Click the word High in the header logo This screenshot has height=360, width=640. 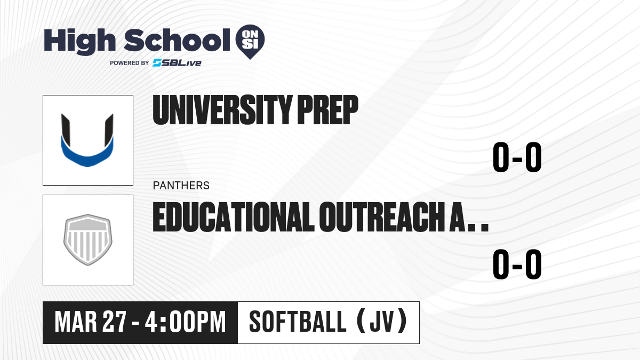(x=79, y=42)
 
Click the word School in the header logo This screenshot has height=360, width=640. (x=177, y=40)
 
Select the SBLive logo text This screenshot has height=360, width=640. (x=177, y=63)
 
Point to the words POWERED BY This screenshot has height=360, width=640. (x=130, y=63)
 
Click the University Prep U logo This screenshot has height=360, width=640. (x=87, y=140)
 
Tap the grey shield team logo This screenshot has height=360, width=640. (x=88, y=239)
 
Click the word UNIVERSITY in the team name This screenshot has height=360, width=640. (x=222, y=110)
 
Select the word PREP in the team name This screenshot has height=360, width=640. (x=327, y=110)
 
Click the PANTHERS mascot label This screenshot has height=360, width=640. (x=181, y=186)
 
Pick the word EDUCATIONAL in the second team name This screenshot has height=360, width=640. (x=234, y=217)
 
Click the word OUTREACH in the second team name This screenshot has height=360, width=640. (x=382, y=217)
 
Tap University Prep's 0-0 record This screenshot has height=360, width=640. (x=517, y=157)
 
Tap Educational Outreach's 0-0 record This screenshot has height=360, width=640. (x=517, y=264)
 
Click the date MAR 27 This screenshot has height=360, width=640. (x=90, y=322)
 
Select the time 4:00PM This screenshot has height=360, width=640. (x=186, y=322)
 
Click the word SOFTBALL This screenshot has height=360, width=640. (x=298, y=322)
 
